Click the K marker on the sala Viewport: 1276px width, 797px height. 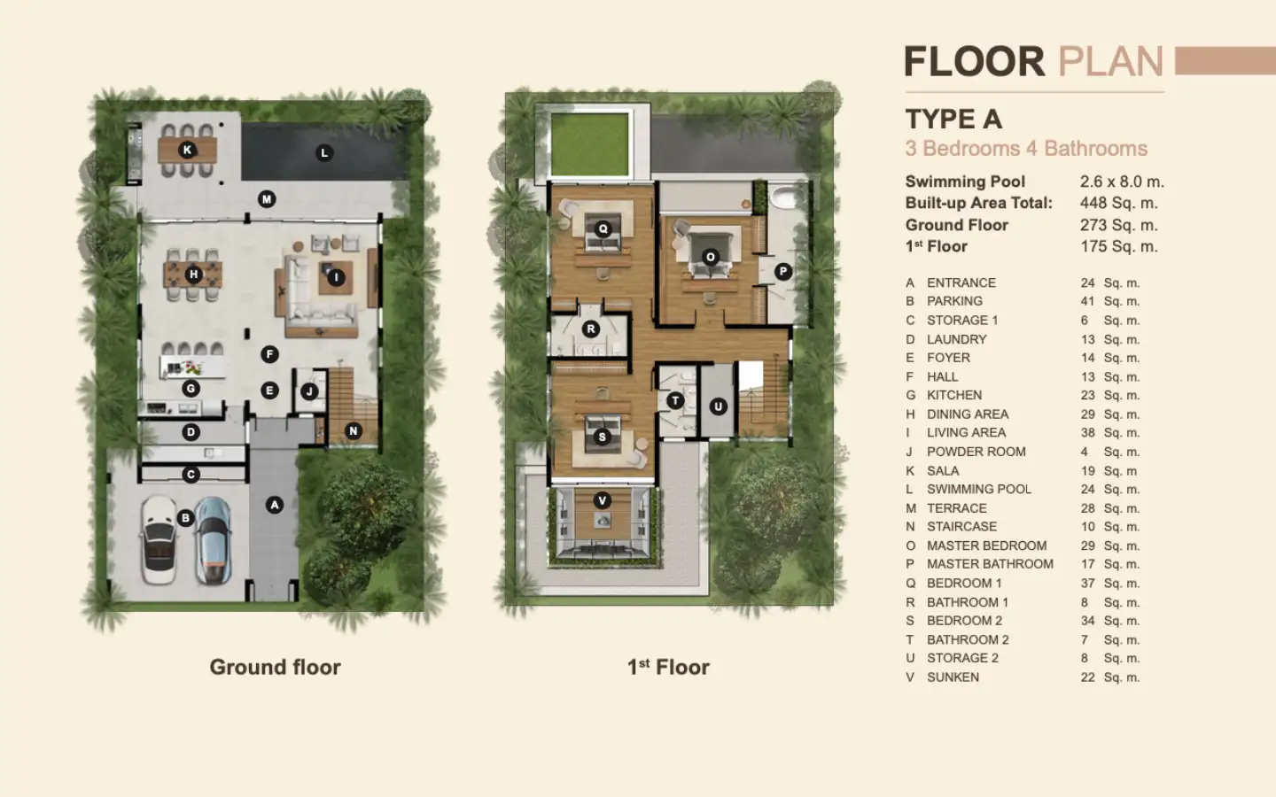[x=187, y=150]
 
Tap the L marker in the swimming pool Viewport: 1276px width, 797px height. [x=324, y=152]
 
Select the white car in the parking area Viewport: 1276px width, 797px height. [x=159, y=539]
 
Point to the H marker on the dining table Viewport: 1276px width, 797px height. [x=194, y=275]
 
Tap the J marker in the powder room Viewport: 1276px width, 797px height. [x=309, y=391]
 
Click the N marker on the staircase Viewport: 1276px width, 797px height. [x=354, y=431]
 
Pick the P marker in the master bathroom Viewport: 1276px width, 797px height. [x=783, y=272]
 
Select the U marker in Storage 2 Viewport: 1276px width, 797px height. [x=718, y=406]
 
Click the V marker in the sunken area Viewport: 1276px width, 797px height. [x=603, y=500]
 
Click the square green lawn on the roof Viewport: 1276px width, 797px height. [x=589, y=144]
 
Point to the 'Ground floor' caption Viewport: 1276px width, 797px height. [x=275, y=667]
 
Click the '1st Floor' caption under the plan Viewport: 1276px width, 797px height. [x=668, y=667]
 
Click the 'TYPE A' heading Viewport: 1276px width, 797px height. [x=953, y=119]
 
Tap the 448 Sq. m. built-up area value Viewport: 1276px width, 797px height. [x=1119, y=204]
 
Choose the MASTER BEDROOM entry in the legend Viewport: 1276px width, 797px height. [x=986, y=546]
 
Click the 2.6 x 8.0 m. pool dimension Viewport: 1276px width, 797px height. [x=1122, y=182]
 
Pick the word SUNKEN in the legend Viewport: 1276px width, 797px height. [x=953, y=677]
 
